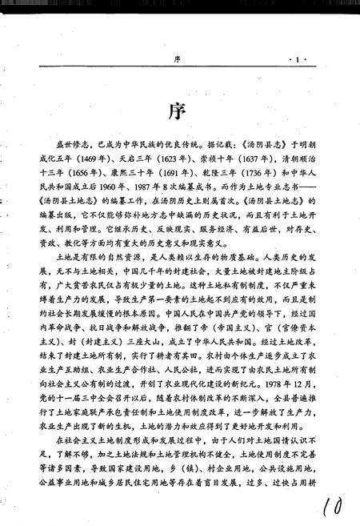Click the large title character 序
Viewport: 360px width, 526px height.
tap(179, 110)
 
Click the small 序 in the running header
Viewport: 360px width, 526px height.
tap(178, 61)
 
